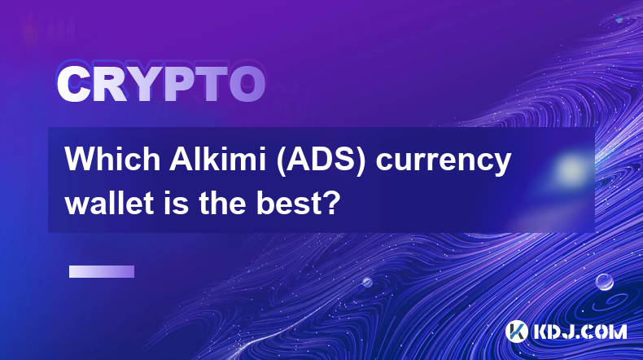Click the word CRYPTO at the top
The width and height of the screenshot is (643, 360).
161,85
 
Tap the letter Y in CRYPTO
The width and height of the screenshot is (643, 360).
144,85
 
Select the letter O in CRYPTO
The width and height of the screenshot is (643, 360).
247,85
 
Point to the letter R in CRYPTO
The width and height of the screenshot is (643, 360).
110,85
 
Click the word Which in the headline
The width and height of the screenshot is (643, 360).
113,159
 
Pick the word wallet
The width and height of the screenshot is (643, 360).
107,203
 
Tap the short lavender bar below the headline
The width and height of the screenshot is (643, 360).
102,272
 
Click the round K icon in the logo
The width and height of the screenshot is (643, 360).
517,331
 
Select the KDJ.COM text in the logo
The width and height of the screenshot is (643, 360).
580,331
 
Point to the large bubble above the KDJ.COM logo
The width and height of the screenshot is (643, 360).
605,282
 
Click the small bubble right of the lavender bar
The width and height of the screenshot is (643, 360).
367,282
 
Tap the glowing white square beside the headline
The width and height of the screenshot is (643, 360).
570,169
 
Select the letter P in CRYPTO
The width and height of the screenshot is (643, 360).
179,85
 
